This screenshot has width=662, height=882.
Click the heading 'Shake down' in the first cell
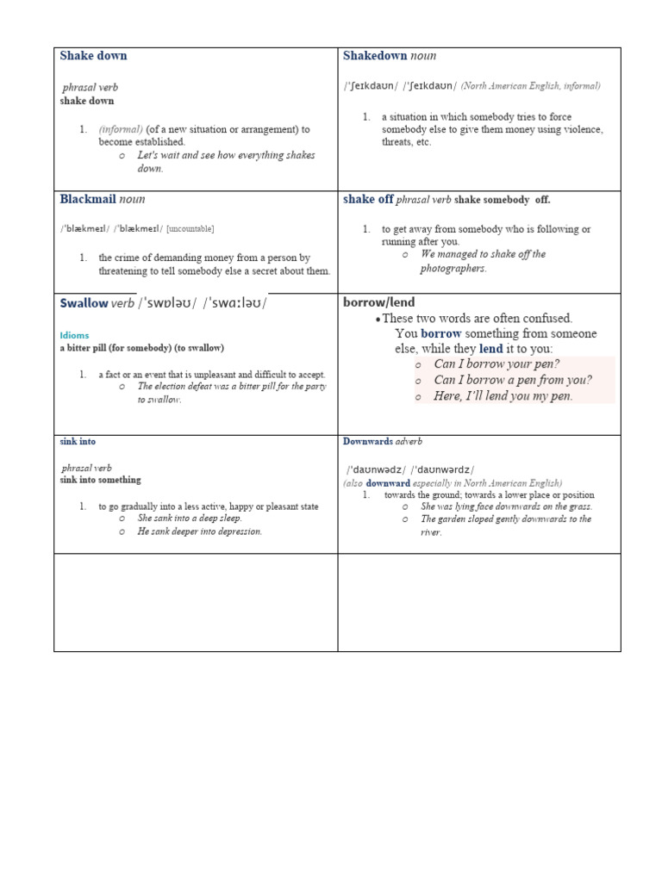[93, 56]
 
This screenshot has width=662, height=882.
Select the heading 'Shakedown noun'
[389, 56]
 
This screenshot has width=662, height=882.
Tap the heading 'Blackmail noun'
[102, 199]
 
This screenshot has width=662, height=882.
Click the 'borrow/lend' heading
[378, 302]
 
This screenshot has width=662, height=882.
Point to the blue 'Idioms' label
[74, 335]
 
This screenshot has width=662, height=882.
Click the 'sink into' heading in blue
[78, 442]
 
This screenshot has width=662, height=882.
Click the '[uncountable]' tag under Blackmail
[190, 228]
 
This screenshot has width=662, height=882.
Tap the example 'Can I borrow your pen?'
[496, 364]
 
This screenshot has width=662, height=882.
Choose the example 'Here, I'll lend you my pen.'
[503, 396]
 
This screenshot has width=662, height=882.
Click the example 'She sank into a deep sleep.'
[190, 519]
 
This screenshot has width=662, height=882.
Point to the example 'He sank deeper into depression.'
[199, 531]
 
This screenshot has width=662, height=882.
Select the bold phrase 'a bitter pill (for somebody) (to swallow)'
[141, 348]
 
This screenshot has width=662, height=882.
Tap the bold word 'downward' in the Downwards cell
[388, 483]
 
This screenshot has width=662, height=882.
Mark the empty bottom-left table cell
[196, 602]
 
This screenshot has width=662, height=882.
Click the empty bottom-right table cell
[479, 602]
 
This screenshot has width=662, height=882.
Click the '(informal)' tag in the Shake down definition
[121, 129]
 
